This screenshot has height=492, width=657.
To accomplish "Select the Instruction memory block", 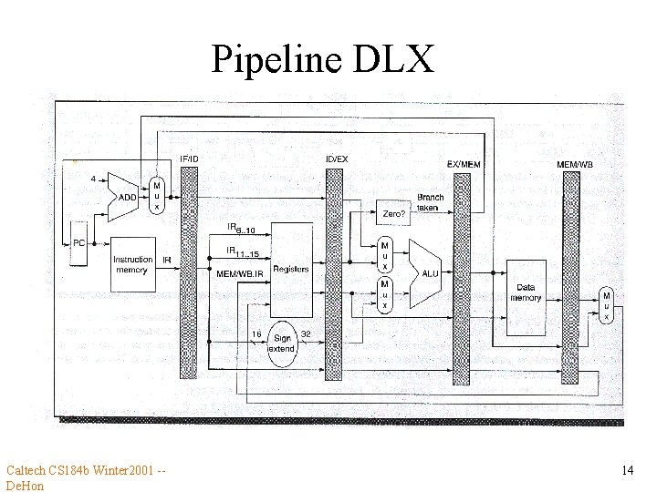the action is click(x=132, y=264).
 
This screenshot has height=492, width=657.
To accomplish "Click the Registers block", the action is click(x=290, y=269).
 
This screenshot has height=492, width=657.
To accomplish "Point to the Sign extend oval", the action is click(x=282, y=343).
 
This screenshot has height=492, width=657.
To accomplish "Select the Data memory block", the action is click(x=526, y=293).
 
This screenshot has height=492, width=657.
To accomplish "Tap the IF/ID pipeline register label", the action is click(x=188, y=159).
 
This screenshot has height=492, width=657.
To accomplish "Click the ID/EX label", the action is click(x=336, y=159).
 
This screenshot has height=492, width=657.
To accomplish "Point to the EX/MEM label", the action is click(x=464, y=164).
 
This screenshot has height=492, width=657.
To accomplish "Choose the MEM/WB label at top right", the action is click(x=574, y=164).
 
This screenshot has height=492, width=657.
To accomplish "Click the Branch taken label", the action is click(x=430, y=202).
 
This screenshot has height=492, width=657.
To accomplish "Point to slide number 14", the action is click(x=627, y=470).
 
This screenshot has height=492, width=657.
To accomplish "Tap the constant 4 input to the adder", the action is click(x=95, y=179).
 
